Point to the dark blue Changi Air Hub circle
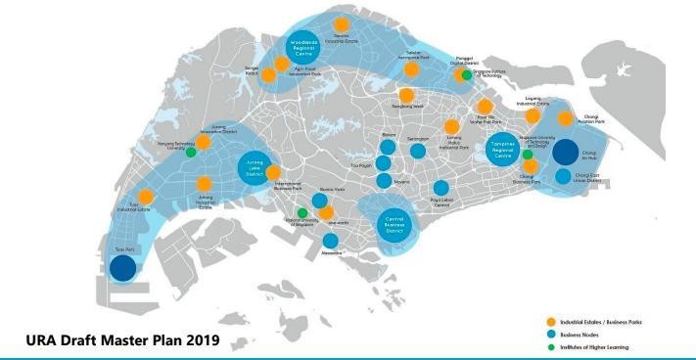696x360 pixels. pyautogui.click(x=566, y=152)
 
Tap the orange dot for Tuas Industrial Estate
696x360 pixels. pyautogui.click(x=145, y=197)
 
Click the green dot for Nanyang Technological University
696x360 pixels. pyautogui.click(x=191, y=152)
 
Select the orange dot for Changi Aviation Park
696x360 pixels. pyautogui.click(x=565, y=119)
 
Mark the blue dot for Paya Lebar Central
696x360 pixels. pyautogui.click(x=441, y=188)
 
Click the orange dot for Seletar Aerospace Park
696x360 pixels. pyautogui.click(x=412, y=70)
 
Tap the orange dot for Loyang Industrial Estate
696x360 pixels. pyautogui.click(x=533, y=115)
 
